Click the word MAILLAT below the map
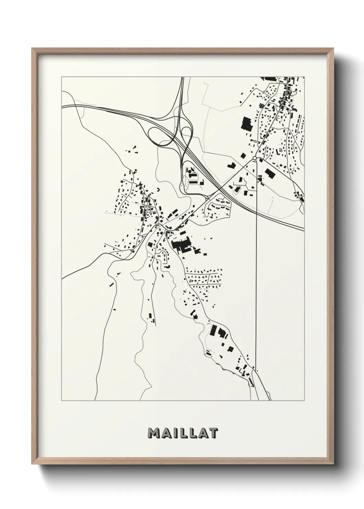[x=182, y=433]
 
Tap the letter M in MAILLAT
[x=153, y=433]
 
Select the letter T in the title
[x=212, y=433]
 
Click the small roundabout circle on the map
[x=254, y=158]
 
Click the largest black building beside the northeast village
[x=247, y=123]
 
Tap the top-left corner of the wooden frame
[x=33, y=49]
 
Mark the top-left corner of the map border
[x=62, y=77]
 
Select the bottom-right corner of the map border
[x=304, y=401]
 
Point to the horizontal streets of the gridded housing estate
[x=203, y=278]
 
